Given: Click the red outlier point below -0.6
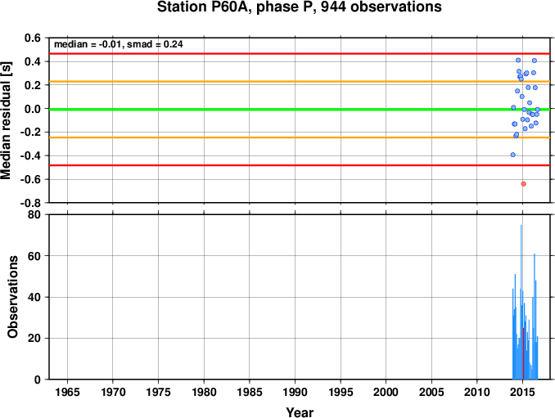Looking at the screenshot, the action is click(524, 184).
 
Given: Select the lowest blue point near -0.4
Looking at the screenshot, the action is click(513, 155).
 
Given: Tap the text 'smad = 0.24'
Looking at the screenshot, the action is click(155, 44).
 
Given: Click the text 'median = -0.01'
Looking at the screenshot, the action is click(88, 44).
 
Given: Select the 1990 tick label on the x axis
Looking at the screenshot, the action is click(295, 392).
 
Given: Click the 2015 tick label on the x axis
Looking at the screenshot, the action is click(523, 392).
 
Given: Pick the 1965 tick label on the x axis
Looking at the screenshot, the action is click(67, 392).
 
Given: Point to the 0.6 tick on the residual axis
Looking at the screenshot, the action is click(33, 38).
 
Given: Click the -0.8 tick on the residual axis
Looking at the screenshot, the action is click(30, 203).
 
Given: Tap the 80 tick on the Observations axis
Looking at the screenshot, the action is click(34, 214).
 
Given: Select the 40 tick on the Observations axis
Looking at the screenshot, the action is click(34, 297).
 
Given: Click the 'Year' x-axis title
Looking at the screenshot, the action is click(300, 412).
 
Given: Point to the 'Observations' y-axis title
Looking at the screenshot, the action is click(12, 297).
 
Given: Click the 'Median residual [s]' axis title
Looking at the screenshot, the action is click(6, 120).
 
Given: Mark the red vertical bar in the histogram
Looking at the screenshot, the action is click(524, 353).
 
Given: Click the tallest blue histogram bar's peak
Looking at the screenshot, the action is click(521, 225).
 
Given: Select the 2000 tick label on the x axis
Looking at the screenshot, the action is click(386, 392).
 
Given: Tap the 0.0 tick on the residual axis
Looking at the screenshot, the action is click(33, 109).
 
